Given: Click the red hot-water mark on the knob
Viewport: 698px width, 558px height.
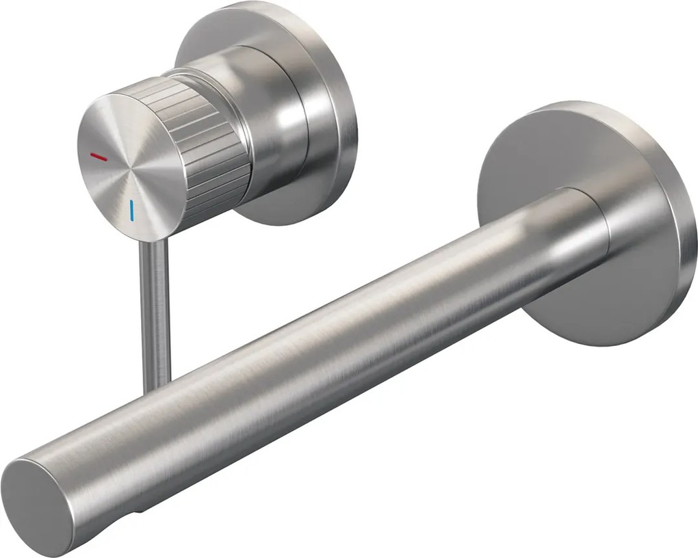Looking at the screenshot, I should pos(99,157).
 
